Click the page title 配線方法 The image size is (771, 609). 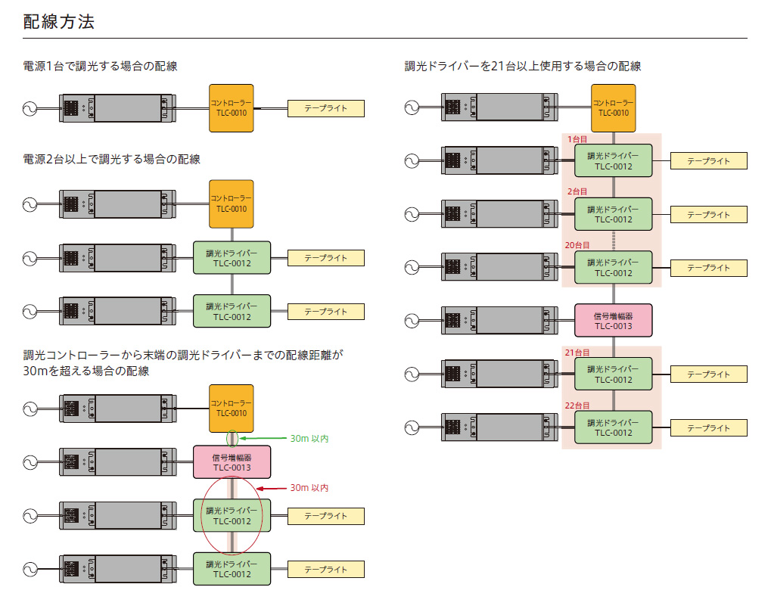pyautogui.click(x=58, y=22)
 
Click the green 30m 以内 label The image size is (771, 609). pyautogui.click(x=309, y=439)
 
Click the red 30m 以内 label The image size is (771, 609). pyautogui.click(x=309, y=488)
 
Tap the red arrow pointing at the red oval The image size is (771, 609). pyautogui.click(x=272, y=489)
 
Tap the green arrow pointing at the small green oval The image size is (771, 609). pyautogui.click(x=263, y=438)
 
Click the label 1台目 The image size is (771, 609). pyautogui.click(x=577, y=140)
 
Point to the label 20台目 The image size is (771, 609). pyautogui.click(x=577, y=245)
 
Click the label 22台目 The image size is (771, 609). pyautogui.click(x=577, y=405)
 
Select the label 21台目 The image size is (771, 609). pyautogui.click(x=577, y=353)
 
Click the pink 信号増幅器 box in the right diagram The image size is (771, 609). pyautogui.click(x=613, y=321)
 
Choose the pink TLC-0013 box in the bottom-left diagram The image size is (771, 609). pyautogui.click(x=232, y=462)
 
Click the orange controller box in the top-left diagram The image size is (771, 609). pyautogui.click(x=231, y=108)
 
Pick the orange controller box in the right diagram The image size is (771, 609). pyautogui.click(x=613, y=108)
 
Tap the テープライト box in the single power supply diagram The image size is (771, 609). pyautogui.click(x=326, y=108)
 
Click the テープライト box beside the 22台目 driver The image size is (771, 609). pyautogui.click(x=708, y=427)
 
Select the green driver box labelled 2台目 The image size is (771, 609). pyautogui.click(x=613, y=214)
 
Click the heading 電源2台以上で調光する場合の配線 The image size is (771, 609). pyautogui.click(x=112, y=160)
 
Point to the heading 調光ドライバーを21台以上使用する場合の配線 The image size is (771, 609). pyautogui.click(x=523, y=67)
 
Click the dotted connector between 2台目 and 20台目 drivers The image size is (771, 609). pyautogui.click(x=613, y=241)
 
